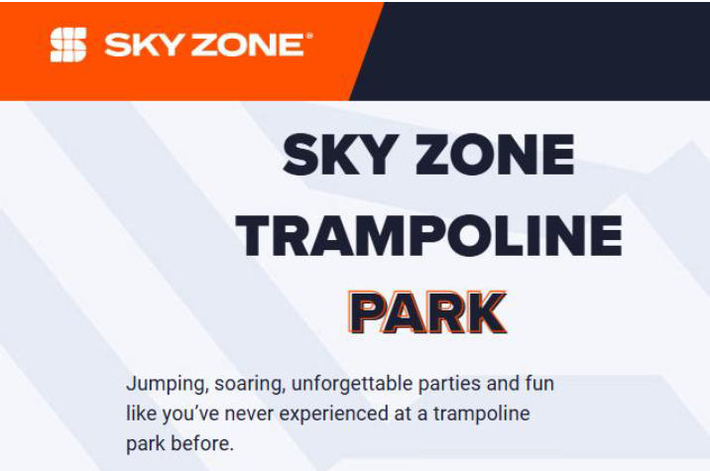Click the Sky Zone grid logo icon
click(x=67, y=45)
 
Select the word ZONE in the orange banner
click(x=247, y=46)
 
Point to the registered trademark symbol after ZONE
click(x=309, y=36)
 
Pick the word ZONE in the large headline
click(x=495, y=154)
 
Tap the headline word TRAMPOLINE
click(x=428, y=236)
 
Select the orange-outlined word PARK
click(x=426, y=312)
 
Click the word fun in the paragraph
click(x=539, y=383)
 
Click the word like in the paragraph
click(x=141, y=413)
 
